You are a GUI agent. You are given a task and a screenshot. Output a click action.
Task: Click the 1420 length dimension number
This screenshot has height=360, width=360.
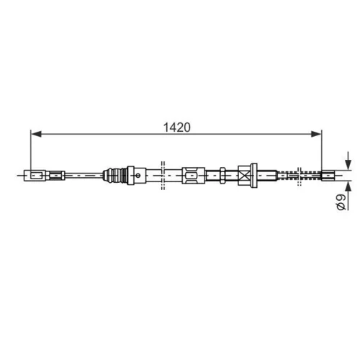(177, 127)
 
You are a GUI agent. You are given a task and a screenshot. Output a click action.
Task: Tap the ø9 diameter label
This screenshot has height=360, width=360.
(341, 202)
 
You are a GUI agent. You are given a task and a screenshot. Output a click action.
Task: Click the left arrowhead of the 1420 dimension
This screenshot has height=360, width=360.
(36, 134)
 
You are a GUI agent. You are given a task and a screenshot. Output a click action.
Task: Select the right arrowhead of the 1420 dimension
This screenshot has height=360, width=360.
(316, 134)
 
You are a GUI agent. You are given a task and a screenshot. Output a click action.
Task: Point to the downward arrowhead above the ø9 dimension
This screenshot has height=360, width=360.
(348, 165)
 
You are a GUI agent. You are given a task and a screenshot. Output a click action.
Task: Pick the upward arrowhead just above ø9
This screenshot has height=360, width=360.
(348, 186)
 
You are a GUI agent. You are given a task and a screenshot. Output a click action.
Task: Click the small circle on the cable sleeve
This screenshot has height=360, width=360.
(138, 176)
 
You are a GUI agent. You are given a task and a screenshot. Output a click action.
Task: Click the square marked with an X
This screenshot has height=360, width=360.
(244, 176)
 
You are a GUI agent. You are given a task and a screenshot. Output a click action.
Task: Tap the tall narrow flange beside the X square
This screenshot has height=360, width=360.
(253, 176)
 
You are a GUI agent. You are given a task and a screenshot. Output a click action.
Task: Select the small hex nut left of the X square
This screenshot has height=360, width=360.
(222, 176)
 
